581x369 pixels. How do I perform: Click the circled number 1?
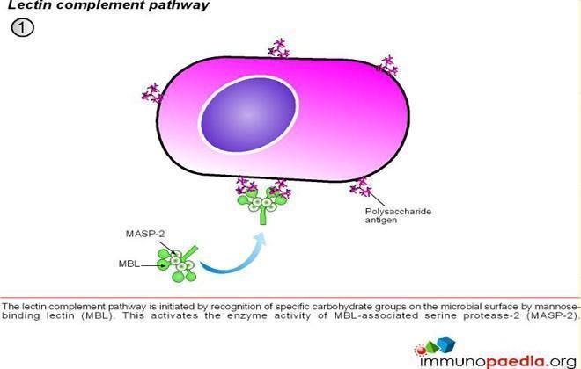(23, 27)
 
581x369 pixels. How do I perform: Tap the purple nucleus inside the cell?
(248, 114)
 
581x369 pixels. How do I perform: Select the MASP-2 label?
(145, 234)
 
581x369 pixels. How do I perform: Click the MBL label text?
(129, 264)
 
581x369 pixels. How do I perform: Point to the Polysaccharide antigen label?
(398, 215)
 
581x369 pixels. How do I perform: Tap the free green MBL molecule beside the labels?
(178, 264)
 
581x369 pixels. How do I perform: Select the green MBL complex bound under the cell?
(262, 205)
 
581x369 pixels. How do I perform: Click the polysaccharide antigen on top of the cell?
(279, 48)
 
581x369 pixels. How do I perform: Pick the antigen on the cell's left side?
(152, 93)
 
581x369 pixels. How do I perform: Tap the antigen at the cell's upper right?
(387, 65)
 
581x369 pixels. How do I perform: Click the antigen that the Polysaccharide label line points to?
(361, 187)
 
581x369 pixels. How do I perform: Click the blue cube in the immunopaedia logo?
(445, 344)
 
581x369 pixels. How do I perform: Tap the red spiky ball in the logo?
(421, 350)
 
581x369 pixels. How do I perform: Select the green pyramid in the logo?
(432, 347)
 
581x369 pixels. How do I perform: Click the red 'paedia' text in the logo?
(516, 361)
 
